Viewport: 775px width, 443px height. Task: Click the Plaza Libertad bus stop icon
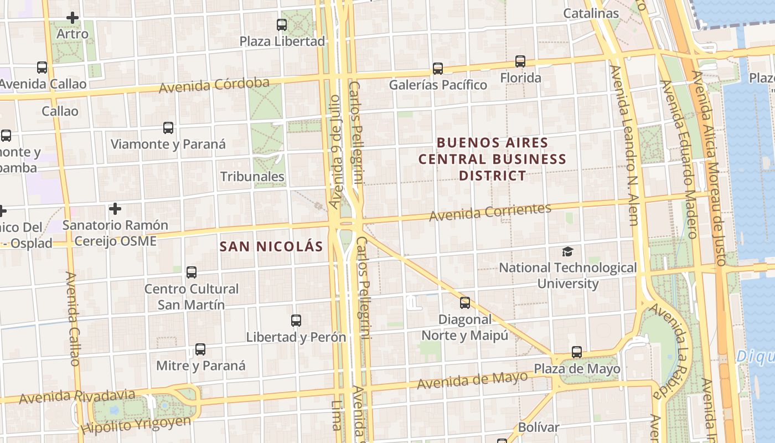tap(282, 25)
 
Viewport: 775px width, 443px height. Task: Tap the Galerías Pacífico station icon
tap(438, 69)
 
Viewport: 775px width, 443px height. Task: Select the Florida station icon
tap(520, 61)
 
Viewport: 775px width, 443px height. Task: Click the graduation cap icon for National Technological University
tap(567, 252)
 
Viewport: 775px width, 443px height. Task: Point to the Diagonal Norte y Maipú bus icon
tap(465, 303)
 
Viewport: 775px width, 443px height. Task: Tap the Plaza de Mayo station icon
tap(577, 352)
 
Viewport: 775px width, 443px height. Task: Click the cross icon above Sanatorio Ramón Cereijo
tap(115, 209)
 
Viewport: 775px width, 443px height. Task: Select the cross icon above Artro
tap(73, 18)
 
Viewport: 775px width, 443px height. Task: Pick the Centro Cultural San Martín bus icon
tap(192, 272)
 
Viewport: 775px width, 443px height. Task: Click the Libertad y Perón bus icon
tap(296, 321)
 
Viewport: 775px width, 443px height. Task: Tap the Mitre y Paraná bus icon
tap(200, 349)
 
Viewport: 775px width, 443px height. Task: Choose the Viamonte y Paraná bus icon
tap(168, 128)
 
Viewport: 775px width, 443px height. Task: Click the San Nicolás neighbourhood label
tap(271, 246)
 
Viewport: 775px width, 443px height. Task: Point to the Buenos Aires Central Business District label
tap(492, 159)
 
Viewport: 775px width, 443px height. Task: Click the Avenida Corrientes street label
tap(490, 212)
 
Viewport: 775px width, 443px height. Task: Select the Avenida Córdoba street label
tap(214, 85)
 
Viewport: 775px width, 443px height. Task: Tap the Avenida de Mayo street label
tap(472, 380)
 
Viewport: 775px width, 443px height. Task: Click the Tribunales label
tap(252, 177)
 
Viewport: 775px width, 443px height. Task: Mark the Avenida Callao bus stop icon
tap(42, 68)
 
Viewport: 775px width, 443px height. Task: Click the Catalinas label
tap(591, 13)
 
